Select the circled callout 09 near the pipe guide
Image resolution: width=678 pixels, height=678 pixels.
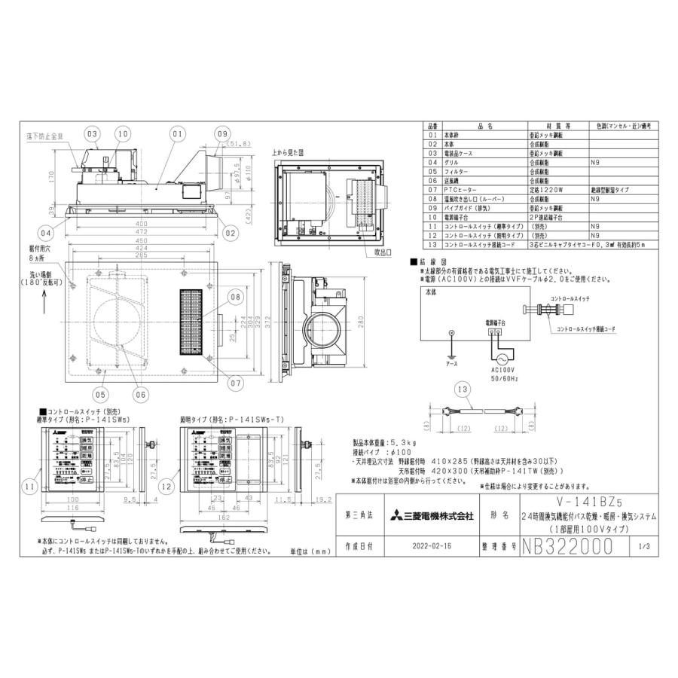[222, 135]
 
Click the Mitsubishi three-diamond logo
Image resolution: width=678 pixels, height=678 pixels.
[396, 517]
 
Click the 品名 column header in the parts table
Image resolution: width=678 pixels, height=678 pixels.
[485, 127]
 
